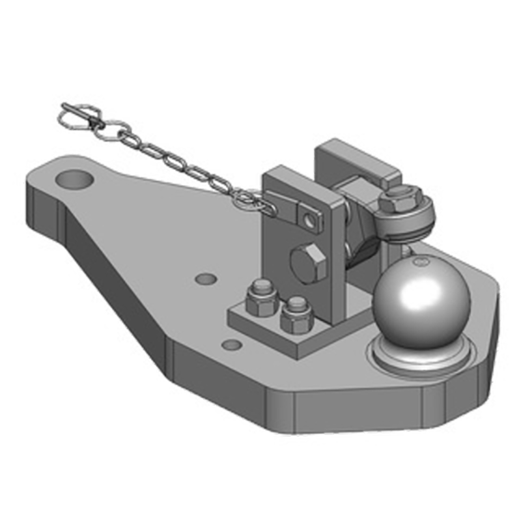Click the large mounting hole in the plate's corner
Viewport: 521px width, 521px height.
(77, 177)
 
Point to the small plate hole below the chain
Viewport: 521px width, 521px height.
(206, 279)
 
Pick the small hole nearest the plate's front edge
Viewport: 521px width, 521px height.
(229, 344)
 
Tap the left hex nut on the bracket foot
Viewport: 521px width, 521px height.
(262, 297)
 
